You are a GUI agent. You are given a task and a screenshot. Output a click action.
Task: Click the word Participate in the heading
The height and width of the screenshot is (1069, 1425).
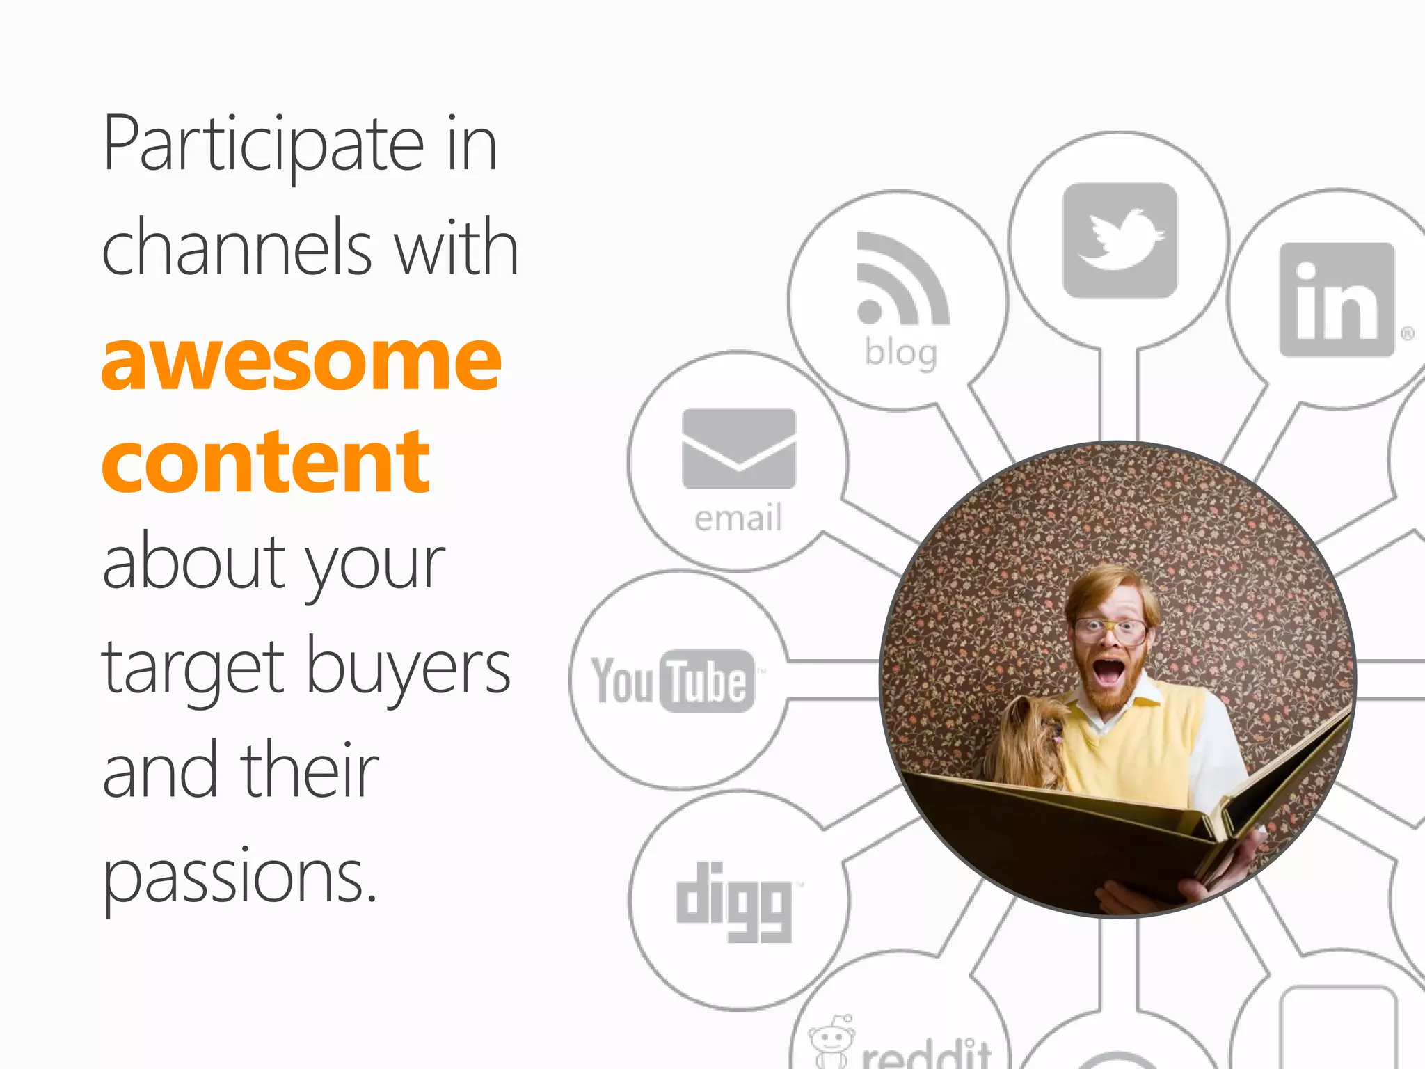(x=263, y=144)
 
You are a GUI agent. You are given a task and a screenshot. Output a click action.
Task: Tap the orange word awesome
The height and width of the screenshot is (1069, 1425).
(x=301, y=361)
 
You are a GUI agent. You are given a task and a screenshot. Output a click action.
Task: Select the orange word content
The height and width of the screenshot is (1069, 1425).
(x=266, y=461)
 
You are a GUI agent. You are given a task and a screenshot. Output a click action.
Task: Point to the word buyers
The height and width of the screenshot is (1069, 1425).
(x=408, y=668)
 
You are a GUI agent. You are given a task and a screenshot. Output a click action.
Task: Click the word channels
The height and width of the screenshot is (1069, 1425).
(x=237, y=248)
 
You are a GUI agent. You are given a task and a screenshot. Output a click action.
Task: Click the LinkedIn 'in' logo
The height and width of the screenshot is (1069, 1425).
(x=1337, y=301)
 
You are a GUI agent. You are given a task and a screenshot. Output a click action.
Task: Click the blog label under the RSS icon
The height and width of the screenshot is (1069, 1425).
(x=901, y=353)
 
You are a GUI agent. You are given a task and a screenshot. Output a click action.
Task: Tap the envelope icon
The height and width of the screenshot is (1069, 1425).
(x=739, y=449)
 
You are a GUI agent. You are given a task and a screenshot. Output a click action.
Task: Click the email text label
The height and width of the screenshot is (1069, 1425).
(x=738, y=518)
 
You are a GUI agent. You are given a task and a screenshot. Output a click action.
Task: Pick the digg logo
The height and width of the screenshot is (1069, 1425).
(x=735, y=901)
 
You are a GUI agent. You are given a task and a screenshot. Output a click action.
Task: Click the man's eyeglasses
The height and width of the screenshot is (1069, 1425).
(x=1109, y=629)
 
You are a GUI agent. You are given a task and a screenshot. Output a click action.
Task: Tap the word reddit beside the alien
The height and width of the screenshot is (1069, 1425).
(x=926, y=1055)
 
